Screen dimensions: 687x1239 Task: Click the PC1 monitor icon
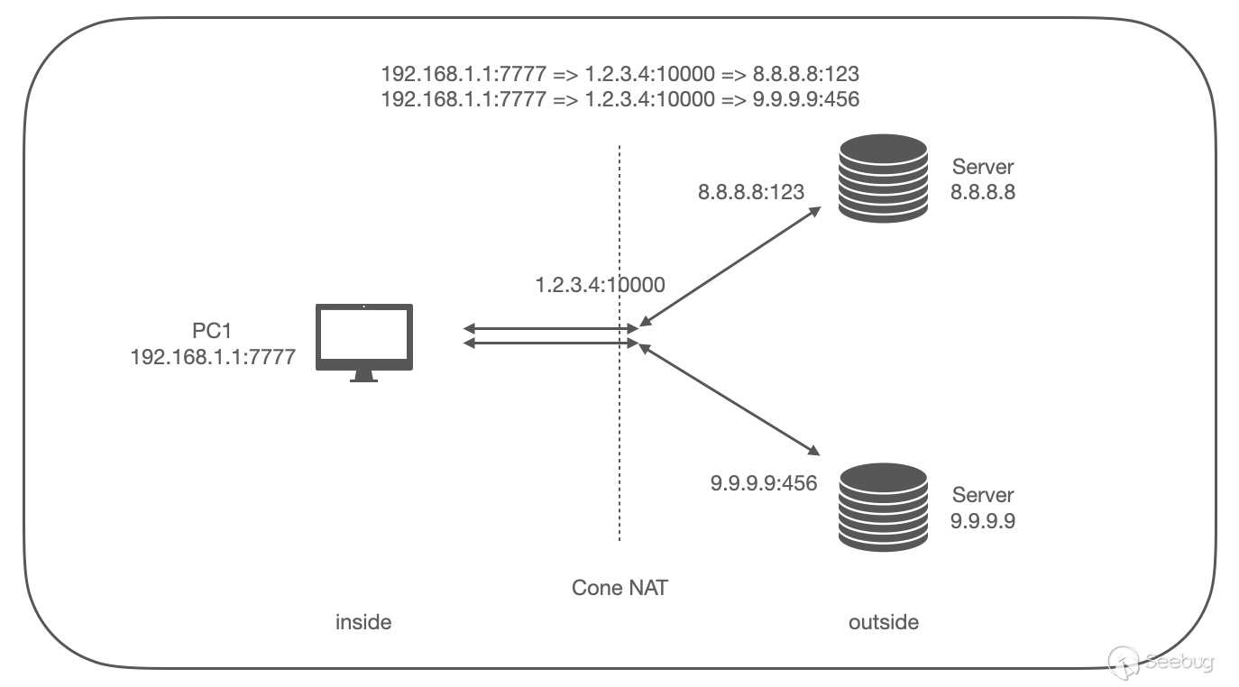(363, 337)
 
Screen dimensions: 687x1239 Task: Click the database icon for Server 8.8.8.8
(883, 179)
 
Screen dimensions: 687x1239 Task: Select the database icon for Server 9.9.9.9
(883, 507)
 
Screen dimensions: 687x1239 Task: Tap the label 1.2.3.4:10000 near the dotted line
(600, 286)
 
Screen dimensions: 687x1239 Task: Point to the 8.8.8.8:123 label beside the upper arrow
(751, 191)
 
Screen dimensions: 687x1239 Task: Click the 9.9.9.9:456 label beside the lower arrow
(764, 483)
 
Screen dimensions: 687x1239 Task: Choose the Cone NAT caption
(620, 588)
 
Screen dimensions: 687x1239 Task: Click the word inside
(363, 622)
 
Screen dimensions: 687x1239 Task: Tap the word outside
(884, 622)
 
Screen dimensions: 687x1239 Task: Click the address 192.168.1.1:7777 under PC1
(213, 357)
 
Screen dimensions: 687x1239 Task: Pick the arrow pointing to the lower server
(730, 400)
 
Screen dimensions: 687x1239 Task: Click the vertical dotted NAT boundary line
(619, 433)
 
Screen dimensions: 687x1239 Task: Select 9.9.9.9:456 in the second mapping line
(805, 99)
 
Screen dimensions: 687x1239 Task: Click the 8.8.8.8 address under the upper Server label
(983, 191)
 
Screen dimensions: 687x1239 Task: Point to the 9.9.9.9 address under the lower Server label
(983, 519)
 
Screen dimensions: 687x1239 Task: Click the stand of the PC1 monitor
(363, 376)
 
